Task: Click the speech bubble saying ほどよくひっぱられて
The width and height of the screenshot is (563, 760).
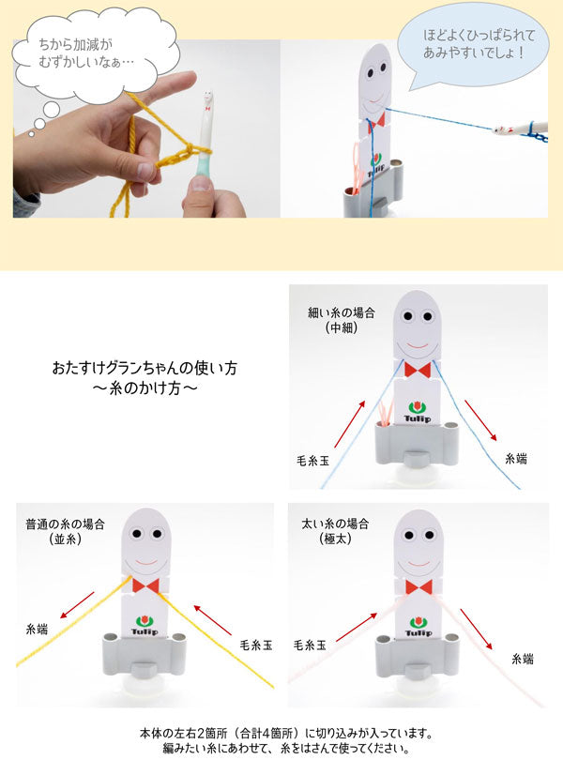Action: point(474,45)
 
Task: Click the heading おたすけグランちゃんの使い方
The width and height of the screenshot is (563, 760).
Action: point(145,368)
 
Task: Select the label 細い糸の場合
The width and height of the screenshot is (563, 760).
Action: point(342,312)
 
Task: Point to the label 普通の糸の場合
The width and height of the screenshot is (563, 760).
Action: point(65,524)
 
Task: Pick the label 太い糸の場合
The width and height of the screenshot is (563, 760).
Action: point(335,524)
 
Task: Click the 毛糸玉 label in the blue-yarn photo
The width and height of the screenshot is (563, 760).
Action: point(312,460)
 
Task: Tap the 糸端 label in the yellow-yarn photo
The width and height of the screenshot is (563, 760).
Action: point(37,630)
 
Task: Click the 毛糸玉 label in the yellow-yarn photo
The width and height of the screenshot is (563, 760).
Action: point(256,645)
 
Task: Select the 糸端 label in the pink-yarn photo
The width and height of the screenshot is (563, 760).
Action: point(523,659)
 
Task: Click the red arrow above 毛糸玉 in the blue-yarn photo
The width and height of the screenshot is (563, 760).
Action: point(350,424)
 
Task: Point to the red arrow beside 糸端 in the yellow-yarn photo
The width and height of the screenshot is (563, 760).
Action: point(77,605)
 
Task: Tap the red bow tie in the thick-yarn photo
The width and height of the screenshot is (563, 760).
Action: point(418,587)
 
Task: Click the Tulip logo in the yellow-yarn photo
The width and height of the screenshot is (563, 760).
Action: point(144,625)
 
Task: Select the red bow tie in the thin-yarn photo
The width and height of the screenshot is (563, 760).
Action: point(417,370)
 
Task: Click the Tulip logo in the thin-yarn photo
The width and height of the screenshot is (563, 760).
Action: point(417,412)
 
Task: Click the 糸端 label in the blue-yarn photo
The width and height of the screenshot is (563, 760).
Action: point(516,458)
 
